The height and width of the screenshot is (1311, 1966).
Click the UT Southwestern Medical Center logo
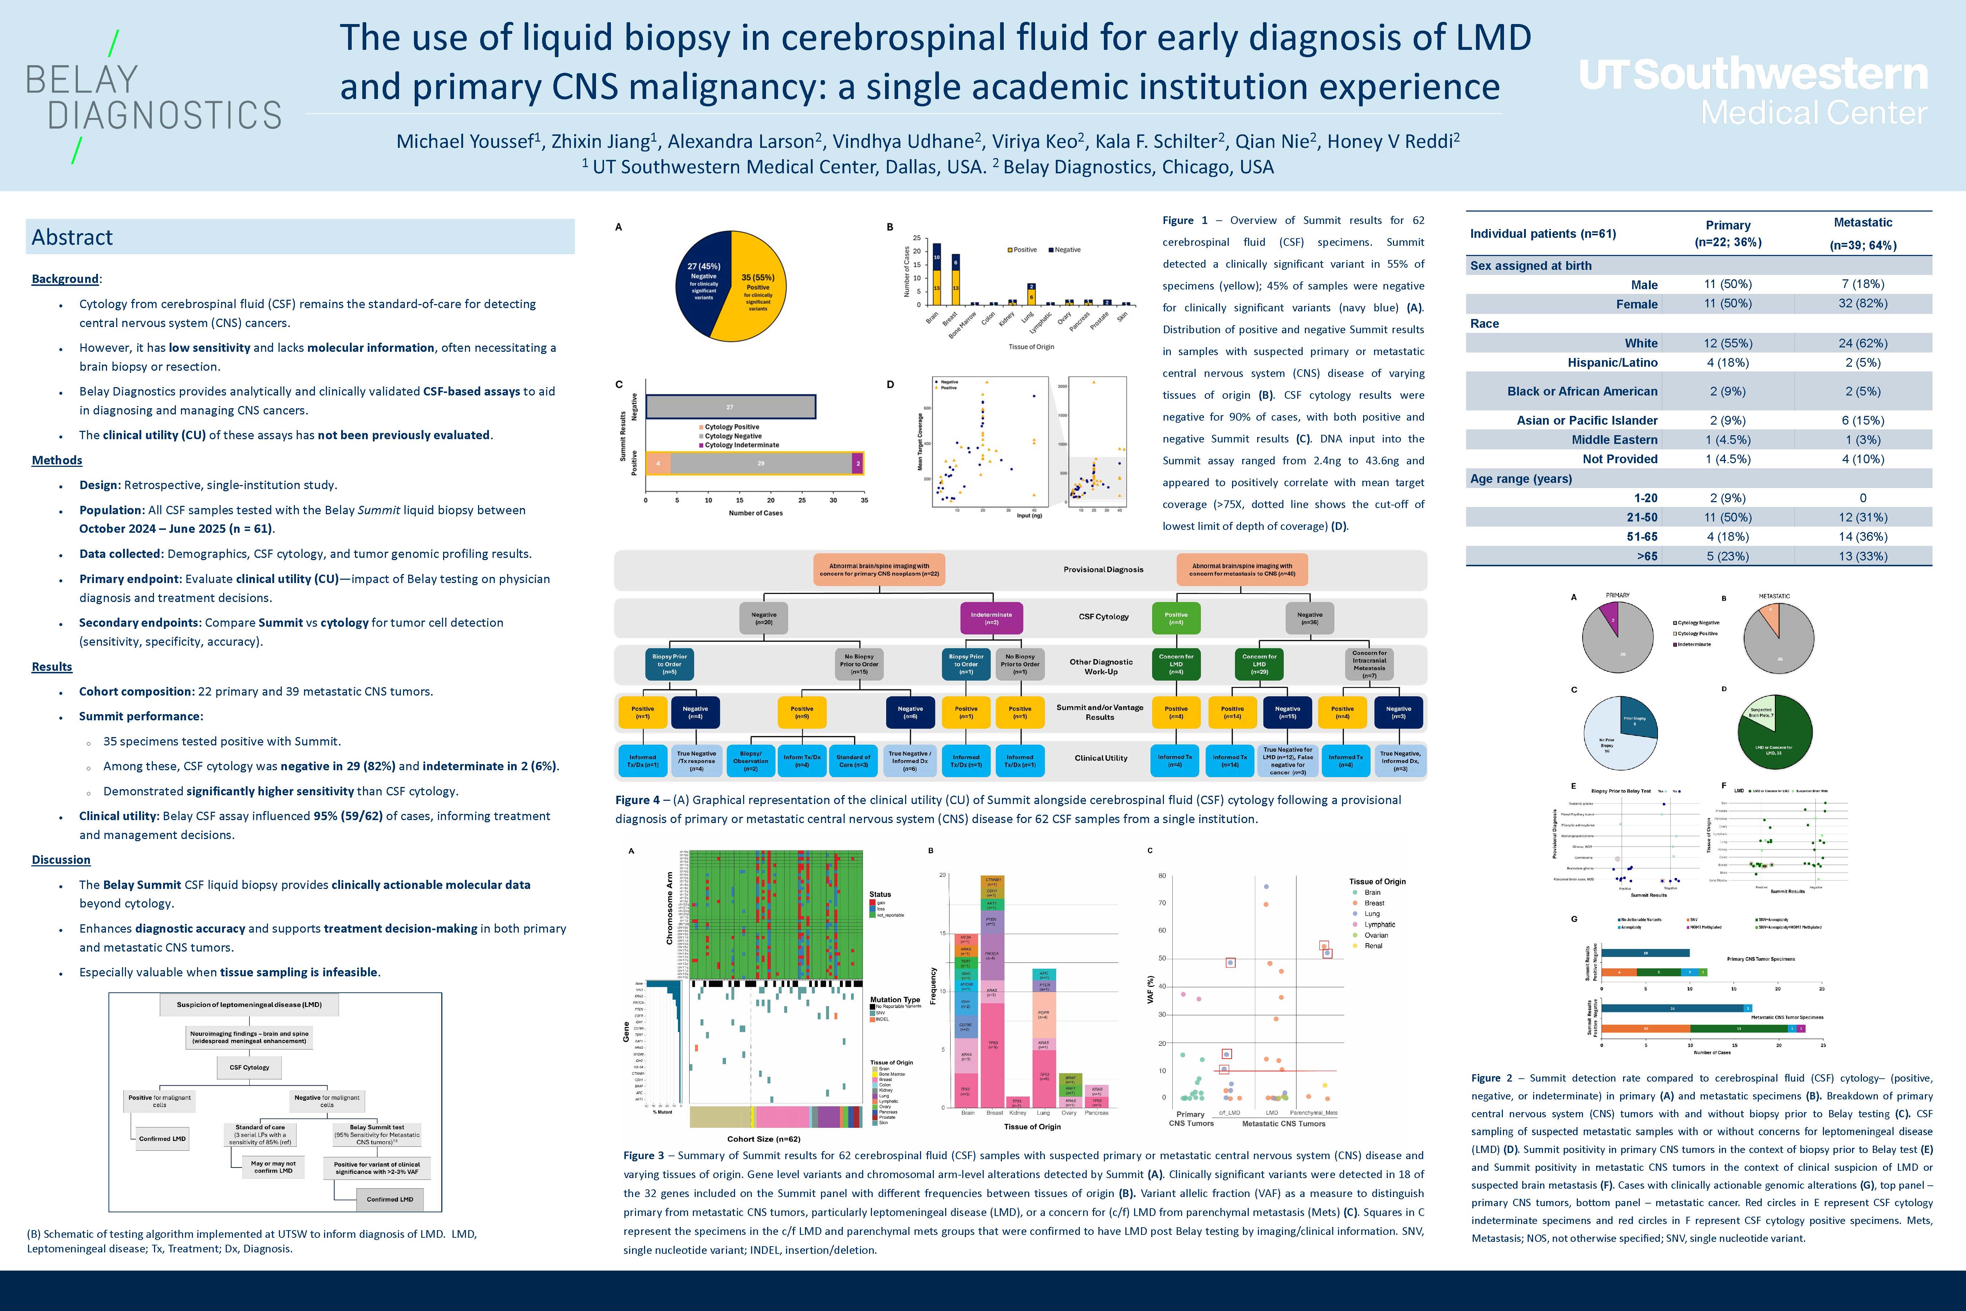click(x=1753, y=92)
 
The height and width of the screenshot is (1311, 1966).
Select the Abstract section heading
click(x=73, y=237)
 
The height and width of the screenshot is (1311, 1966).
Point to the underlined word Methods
click(x=57, y=460)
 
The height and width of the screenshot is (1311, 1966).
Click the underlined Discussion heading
click(x=61, y=859)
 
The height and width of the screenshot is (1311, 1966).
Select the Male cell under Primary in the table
click(x=1728, y=284)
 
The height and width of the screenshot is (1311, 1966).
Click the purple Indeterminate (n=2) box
click(x=991, y=618)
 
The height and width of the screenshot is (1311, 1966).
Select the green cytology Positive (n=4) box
click(x=1176, y=618)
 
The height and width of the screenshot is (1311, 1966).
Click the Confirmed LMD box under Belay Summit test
click(x=390, y=1199)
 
